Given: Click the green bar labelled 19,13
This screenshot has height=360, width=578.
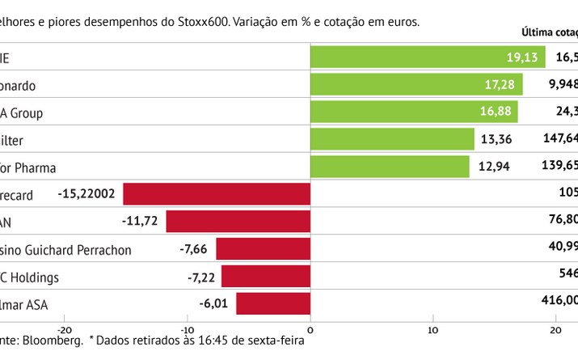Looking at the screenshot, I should coord(428,57).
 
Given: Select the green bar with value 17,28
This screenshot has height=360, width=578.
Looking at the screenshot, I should coord(416,84).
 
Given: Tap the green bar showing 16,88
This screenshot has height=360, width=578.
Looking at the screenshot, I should coord(414,112).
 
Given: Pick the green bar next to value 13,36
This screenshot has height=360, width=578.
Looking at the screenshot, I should coord(392,139).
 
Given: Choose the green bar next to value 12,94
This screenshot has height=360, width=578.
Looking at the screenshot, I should coord(390,167).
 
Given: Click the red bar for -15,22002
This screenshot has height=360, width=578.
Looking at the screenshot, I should coord(217,194).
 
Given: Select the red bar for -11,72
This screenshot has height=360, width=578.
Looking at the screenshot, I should coord(238,222).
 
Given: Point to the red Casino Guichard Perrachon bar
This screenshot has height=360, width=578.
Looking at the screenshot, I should coord(263,249).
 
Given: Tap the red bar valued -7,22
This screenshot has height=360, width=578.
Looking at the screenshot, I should coord(266,277).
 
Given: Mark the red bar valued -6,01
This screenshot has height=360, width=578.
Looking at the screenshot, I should coord(273,304).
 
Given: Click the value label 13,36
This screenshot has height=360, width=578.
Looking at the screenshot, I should coord(497,140).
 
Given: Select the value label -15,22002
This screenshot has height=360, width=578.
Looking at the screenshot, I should coord(86,194).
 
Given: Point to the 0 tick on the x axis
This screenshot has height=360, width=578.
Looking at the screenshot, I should coord(310,329).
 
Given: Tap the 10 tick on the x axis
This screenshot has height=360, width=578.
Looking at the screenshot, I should coord(434,329).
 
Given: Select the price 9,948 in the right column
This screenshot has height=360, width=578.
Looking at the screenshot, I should coord(561,84).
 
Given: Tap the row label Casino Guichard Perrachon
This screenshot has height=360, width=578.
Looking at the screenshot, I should coord(65,250).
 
